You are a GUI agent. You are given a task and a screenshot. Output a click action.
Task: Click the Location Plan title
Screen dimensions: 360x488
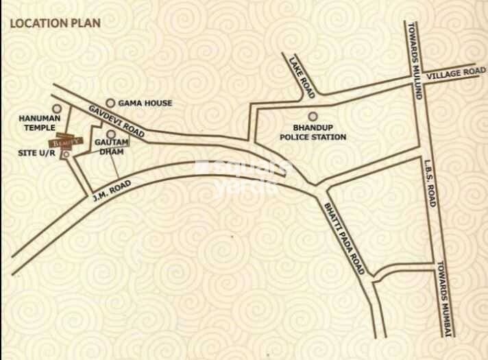tap(54, 23)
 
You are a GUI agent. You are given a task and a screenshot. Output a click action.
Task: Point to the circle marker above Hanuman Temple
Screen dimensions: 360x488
tap(57, 108)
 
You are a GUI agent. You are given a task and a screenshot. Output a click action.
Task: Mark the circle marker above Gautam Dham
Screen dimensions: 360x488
tap(110, 135)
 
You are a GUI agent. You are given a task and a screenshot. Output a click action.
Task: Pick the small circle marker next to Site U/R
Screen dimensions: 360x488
tap(66, 155)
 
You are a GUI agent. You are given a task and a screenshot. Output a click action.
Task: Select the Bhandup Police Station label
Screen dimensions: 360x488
tap(312, 132)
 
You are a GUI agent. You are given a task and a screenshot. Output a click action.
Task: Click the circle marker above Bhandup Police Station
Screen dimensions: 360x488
tap(312, 116)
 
